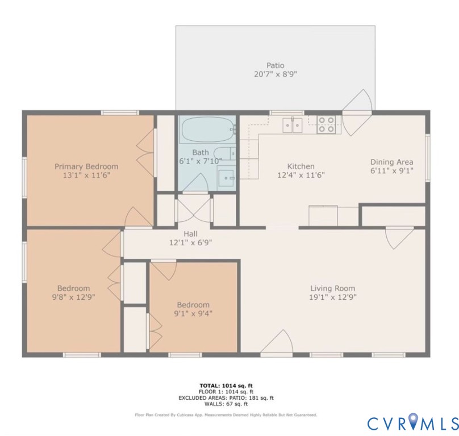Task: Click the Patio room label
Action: tap(275, 65)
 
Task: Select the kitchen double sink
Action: tap(294, 124)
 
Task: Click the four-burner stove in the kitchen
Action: tap(326, 124)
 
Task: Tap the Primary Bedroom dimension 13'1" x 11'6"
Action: tap(86, 176)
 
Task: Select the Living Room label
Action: tap(332, 288)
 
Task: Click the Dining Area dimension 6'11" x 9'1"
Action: tap(391, 170)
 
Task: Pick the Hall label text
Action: tap(190, 233)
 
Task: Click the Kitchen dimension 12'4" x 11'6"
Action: tap(301, 175)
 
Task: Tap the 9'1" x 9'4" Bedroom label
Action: tap(193, 304)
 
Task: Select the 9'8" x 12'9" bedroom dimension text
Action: tap(73, 296)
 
